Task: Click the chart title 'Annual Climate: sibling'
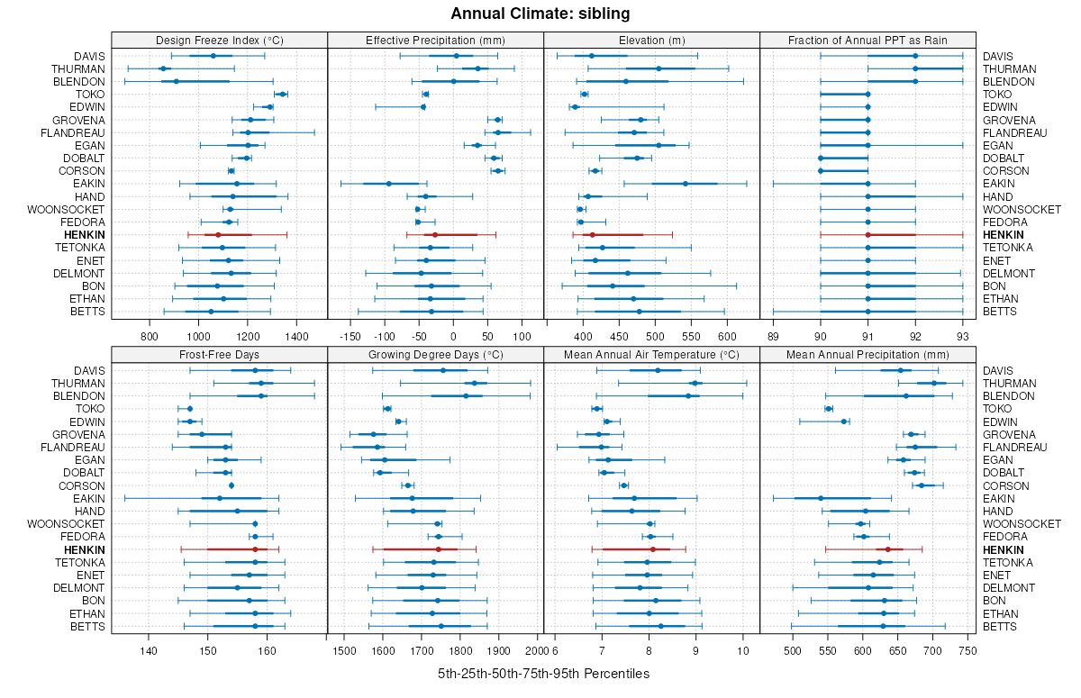540,14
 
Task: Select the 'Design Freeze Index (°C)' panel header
219,40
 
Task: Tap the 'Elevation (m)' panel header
652,40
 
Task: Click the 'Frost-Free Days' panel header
219,354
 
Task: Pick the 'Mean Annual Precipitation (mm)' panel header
868,354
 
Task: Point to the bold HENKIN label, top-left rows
84,235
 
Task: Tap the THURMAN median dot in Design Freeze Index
163,68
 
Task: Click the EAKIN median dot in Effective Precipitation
389,184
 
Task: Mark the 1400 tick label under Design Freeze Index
296,336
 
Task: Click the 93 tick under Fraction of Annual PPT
962,336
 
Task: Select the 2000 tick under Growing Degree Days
535,650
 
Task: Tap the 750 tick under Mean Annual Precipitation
967,650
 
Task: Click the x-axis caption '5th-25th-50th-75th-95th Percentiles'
543,674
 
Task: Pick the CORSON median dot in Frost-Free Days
232,485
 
